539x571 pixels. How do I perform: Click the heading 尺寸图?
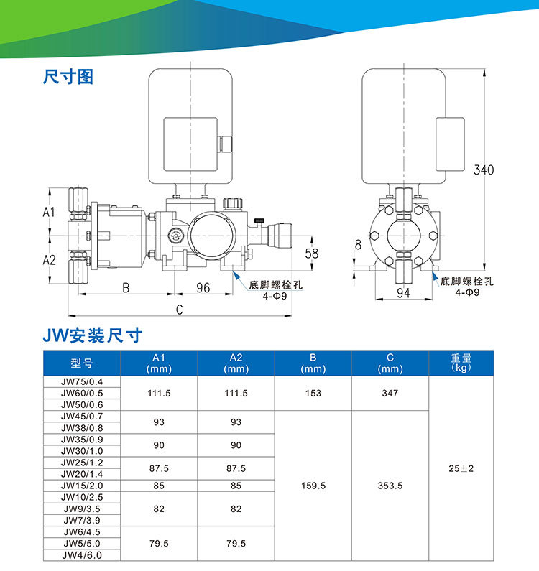coord(68,77)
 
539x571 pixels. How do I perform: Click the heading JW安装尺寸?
coord(93,335)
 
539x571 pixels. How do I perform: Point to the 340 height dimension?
coord(484,170)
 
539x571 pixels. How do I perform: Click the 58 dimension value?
coord(311,253)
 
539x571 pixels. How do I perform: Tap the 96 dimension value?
coord(203,287)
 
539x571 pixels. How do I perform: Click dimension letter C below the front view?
coord(179,309)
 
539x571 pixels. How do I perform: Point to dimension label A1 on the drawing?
coord(49,212)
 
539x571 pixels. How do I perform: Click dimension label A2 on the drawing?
coord(49,259)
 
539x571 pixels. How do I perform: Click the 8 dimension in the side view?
coord(358,245)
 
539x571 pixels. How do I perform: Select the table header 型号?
coord(82,363)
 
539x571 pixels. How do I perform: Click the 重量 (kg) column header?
coord(460,363)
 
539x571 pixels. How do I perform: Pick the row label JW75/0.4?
coord(82,381)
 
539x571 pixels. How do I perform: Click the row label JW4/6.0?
coord(82,555)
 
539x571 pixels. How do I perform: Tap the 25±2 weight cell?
coord(461,468)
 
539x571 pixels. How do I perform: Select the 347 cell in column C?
coord(390,394)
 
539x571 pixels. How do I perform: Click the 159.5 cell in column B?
coord(313,486)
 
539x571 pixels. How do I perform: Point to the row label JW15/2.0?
coord(82,486)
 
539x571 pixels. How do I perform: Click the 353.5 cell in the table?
coord(390,486)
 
